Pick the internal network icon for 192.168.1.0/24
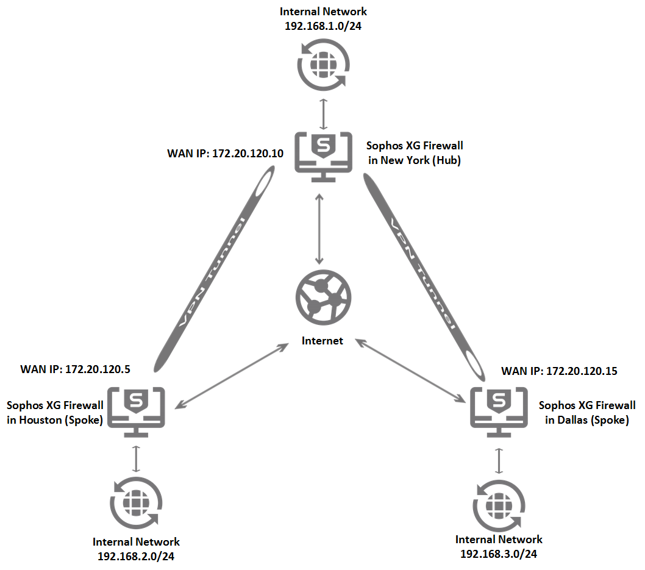(322, 64)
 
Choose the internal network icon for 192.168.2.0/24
(136, 503)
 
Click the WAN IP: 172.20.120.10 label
(225, 154)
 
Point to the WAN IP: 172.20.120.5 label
(76, 369)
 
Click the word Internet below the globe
(322, 341)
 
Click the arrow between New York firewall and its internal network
(322, 112)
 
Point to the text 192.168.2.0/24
(136, 555)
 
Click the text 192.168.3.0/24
(499, 554)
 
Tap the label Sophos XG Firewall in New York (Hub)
(414, 153)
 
